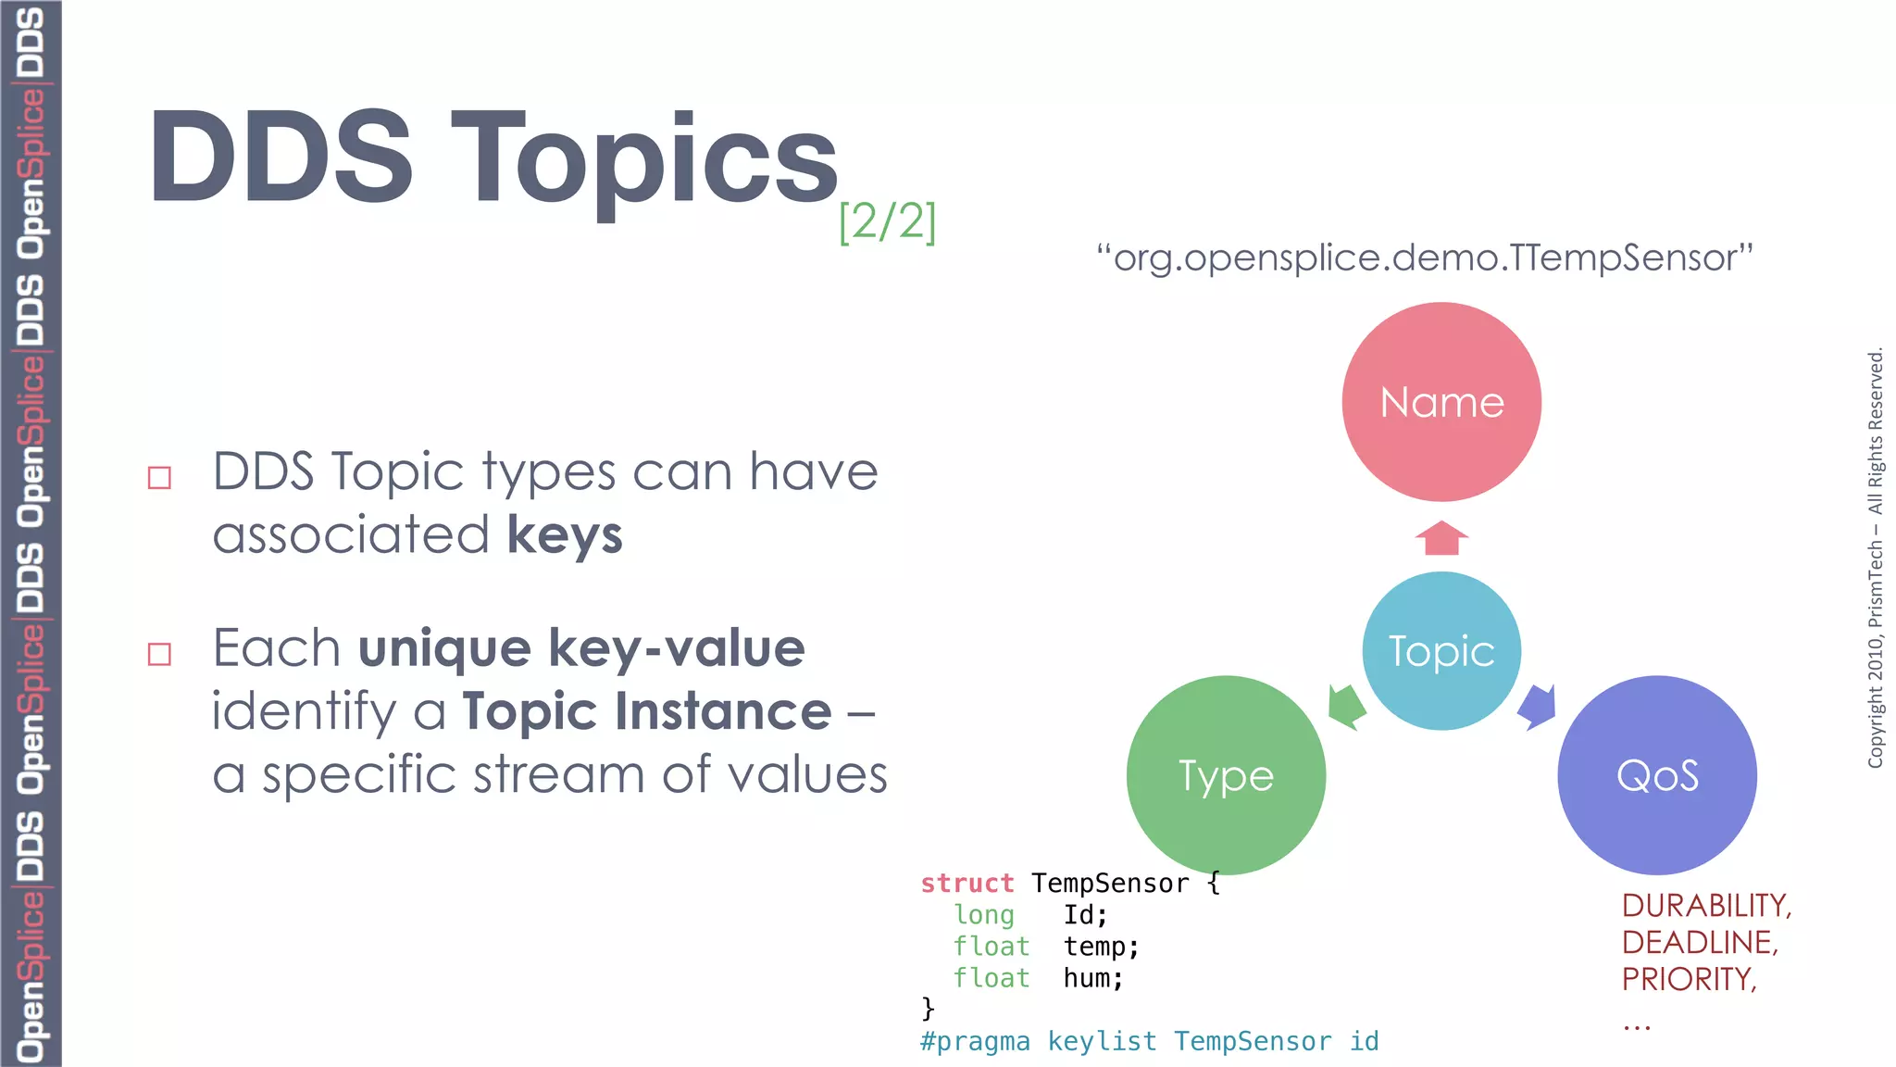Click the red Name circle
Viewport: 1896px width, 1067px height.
pyautogui.click(x=1441, y=402)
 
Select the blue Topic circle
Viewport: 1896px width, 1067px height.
pyautogui.click(x=1441, y=651)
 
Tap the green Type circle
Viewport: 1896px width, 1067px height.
pyautogui.click(x=1226, y=775)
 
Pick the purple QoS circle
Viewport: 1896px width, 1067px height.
pyautogui.click(x=1657, y=775)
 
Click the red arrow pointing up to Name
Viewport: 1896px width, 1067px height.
pyautogui.click(x=1441, y=538)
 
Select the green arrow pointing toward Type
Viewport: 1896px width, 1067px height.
pyautogui.click(x=1346, y=707)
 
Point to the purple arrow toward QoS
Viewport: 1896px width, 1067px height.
pyautogui.click(x=1538, y=707)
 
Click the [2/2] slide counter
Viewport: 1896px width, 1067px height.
pyautogui.click(x=887, y=222)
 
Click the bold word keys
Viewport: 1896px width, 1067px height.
pyautogui.click(x=565, y=535)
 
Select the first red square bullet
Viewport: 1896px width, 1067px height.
pyautogui.click(x=159, y=478)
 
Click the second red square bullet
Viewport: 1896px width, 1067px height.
pyautogui.click(x=159, y=655)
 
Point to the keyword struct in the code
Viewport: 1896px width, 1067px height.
pyautogui.click(x=967, y=884)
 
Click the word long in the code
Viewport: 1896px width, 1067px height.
pyautogui.click(x=984, y=915)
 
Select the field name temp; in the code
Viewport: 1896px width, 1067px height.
pyautogui.click(x=1101, y=947)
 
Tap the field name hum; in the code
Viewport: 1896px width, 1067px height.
pyautogui.click(x=1093, y=978)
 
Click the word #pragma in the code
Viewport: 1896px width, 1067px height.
pyautogui.click(x=975, y=1041)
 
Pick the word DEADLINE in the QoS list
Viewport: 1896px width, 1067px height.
pyautogui.click(x=1700, y=942)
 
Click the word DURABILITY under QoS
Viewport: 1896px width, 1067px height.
pyautogui.click(x=1706, y=905)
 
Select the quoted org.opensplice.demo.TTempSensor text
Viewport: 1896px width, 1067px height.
pyautogui.click(x=1424, y=257)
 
